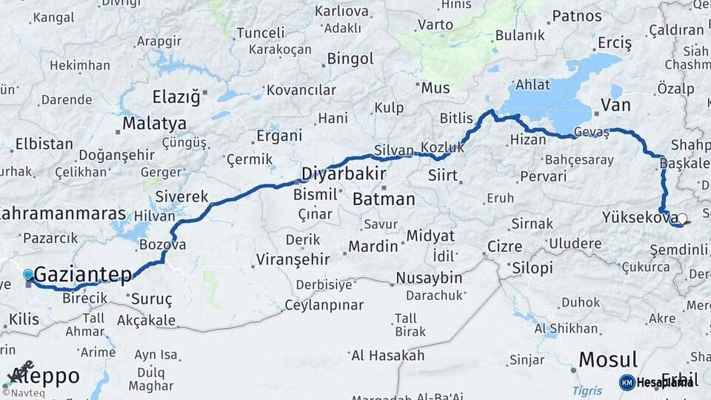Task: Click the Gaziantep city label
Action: click(83, 274)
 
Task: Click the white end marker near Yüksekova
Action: click(681, 219)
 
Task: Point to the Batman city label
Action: click(384, 199)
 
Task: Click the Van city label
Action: click(615, 105)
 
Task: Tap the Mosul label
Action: click(607, 360)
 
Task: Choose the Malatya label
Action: click(153, 123)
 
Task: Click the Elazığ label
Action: click(176, 97)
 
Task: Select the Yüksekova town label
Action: click(639, 217)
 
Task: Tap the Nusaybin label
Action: click(429, 278)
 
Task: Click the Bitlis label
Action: click(455, 118)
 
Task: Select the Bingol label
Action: click(350, 58)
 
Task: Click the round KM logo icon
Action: click(627, 382)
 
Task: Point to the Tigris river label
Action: click(587, 390)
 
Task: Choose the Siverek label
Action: click(181, 197)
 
